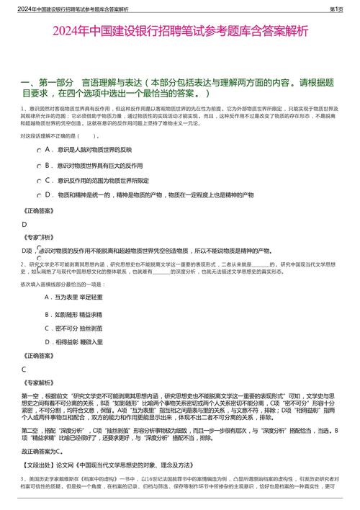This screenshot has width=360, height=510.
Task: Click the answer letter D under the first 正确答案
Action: click(x=24, y=224)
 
